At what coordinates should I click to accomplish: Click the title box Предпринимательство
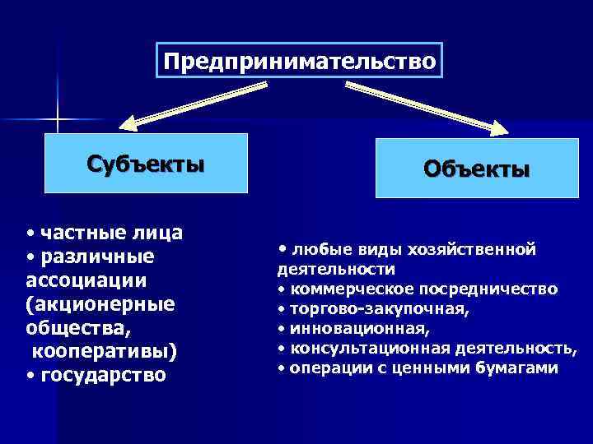299,61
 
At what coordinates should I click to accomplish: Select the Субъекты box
146,163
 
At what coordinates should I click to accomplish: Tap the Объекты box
476,169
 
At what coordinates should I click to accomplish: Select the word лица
156,234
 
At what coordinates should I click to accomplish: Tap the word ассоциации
86,280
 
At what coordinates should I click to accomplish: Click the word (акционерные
100,304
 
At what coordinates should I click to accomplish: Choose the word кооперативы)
105,352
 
